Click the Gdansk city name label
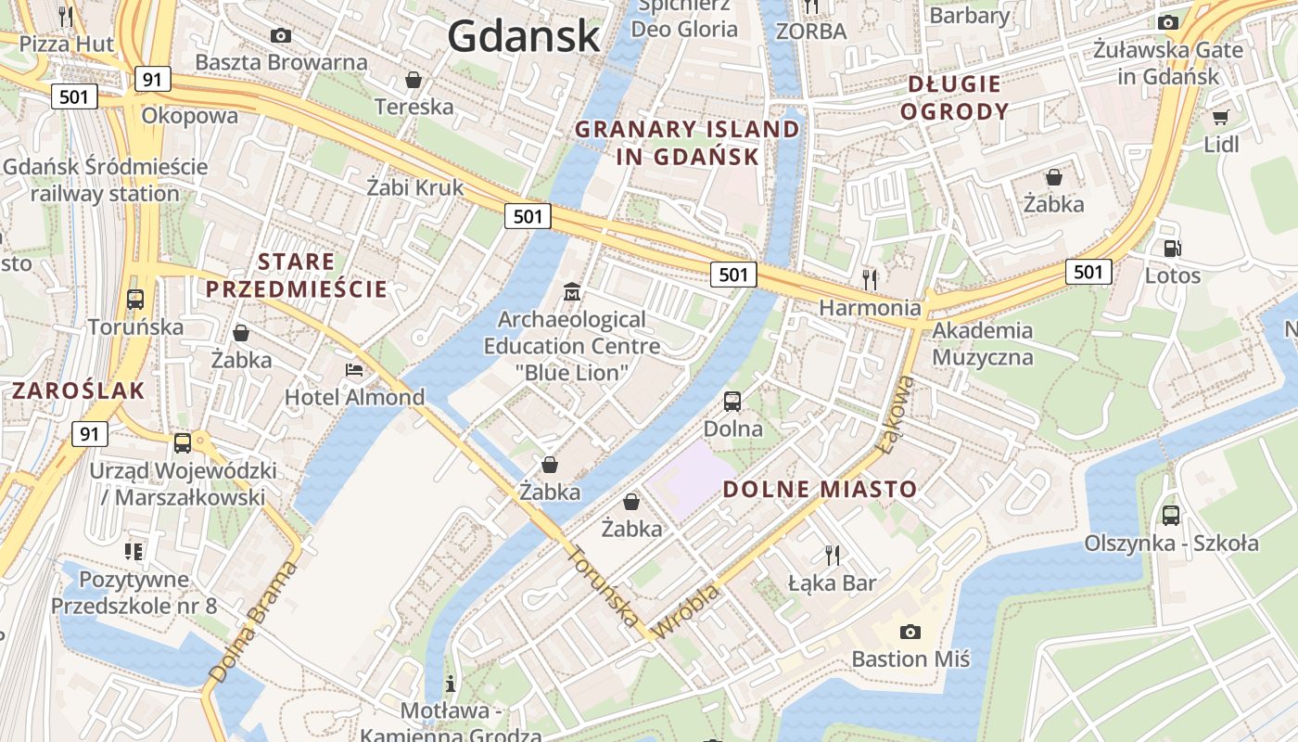click(524, 37)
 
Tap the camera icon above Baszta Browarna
click(281, 35)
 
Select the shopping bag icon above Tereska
click(414, 80)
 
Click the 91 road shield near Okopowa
click(151, 79)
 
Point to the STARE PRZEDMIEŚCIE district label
click(297, 275)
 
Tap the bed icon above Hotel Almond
click(354, 370)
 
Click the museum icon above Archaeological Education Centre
click(572, 292)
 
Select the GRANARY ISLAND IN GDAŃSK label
click(687, 143)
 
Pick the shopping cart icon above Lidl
click(1220, 117)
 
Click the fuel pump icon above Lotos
click(1172, 248)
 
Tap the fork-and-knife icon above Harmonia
click(870, 278)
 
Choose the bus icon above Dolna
click(732, 402)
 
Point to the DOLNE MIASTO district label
click(820, 489)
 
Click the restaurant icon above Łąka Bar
click(833, 556)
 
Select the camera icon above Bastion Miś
click(910, 632)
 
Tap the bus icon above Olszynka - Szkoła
click(1171, 516)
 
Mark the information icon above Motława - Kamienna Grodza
click(451, 684)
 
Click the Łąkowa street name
click(895, 414)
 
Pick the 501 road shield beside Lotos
click(1088, 271)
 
